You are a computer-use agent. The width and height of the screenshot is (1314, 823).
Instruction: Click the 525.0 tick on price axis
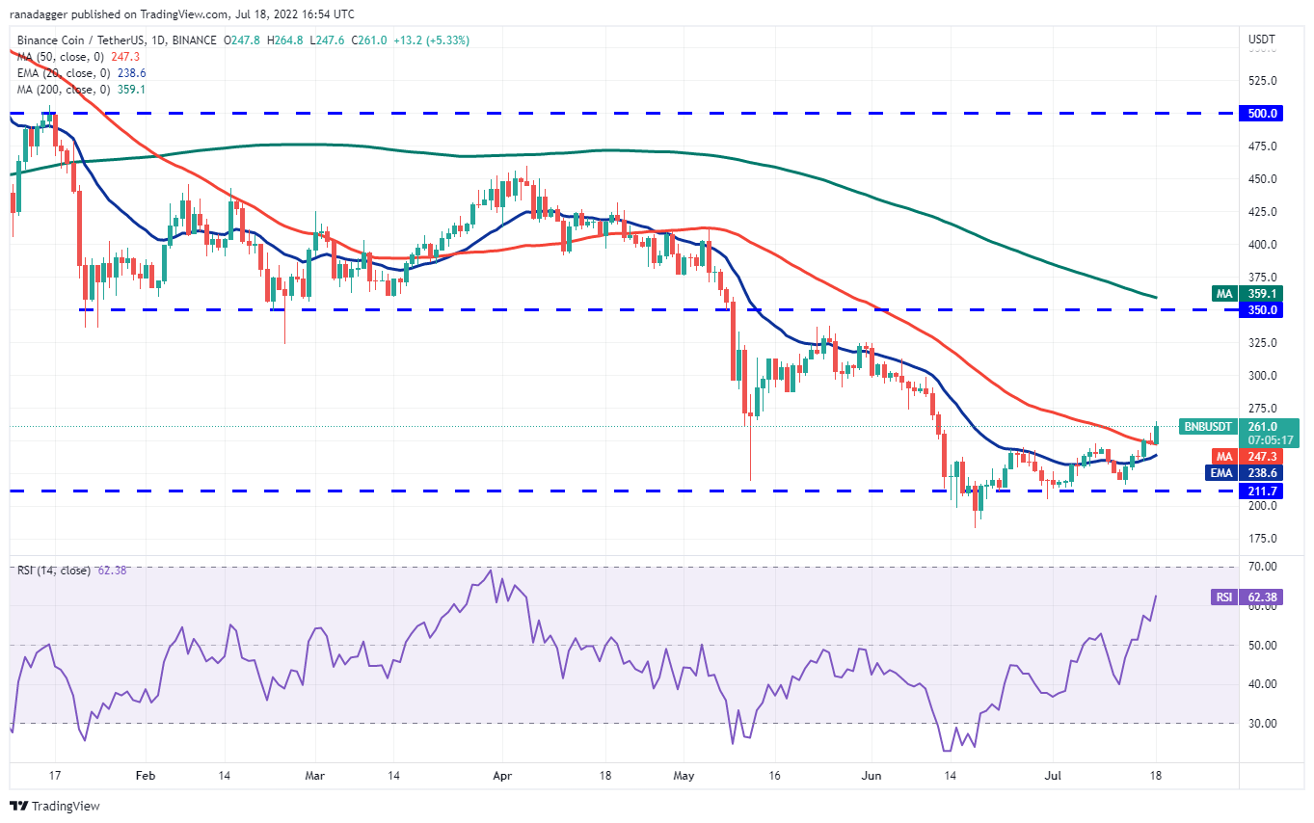coord(1262,81)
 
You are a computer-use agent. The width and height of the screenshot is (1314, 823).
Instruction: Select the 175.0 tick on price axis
coord(1262,538)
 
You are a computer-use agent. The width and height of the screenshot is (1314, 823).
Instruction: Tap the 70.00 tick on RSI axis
coord(1263,567)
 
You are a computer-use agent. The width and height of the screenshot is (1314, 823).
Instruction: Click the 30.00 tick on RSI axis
coord(1263,724)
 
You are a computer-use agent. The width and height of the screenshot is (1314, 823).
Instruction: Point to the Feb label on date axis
coord(145,774)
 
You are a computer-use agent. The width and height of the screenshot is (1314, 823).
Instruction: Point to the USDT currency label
coord(1262,40)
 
